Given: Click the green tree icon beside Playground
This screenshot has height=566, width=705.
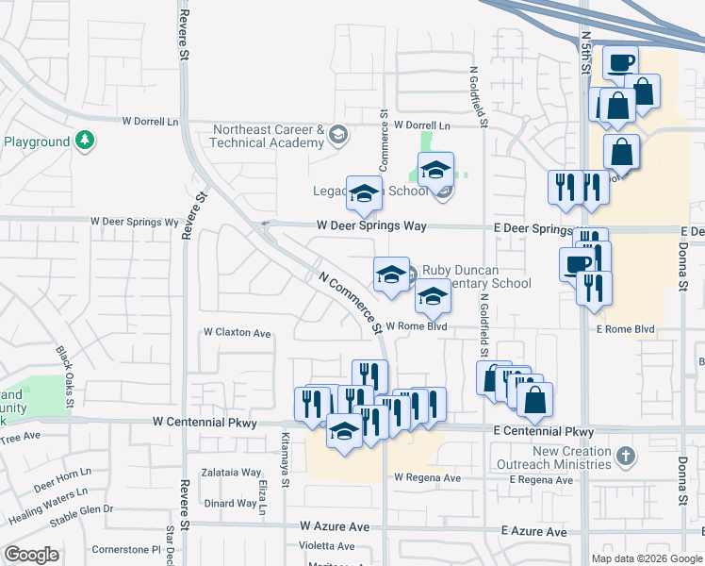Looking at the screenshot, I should (x=86, y=141).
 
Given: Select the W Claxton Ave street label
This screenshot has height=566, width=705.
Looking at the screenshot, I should (x=238, y=333).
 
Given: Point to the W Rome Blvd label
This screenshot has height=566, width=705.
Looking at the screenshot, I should (x=415, y=326).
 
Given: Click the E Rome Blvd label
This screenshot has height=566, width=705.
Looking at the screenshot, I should (x=625, y=329).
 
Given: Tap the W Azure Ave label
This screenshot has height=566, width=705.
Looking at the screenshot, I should (x=337, y=524).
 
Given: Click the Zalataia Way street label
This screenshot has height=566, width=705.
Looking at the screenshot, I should (x=232, y=473).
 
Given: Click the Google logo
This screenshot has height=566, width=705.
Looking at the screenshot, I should (x=31, y=555).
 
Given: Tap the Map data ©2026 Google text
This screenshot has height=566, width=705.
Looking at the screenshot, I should (x=646, y=558).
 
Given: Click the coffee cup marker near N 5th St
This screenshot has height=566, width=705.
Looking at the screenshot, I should (x=620, y=62).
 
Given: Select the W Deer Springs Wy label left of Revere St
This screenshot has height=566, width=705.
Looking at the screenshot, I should (x=134, y=222).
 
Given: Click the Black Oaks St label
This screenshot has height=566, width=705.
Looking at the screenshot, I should (x=64, y=371).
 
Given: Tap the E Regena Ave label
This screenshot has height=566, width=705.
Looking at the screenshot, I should (x=540, y=480).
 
